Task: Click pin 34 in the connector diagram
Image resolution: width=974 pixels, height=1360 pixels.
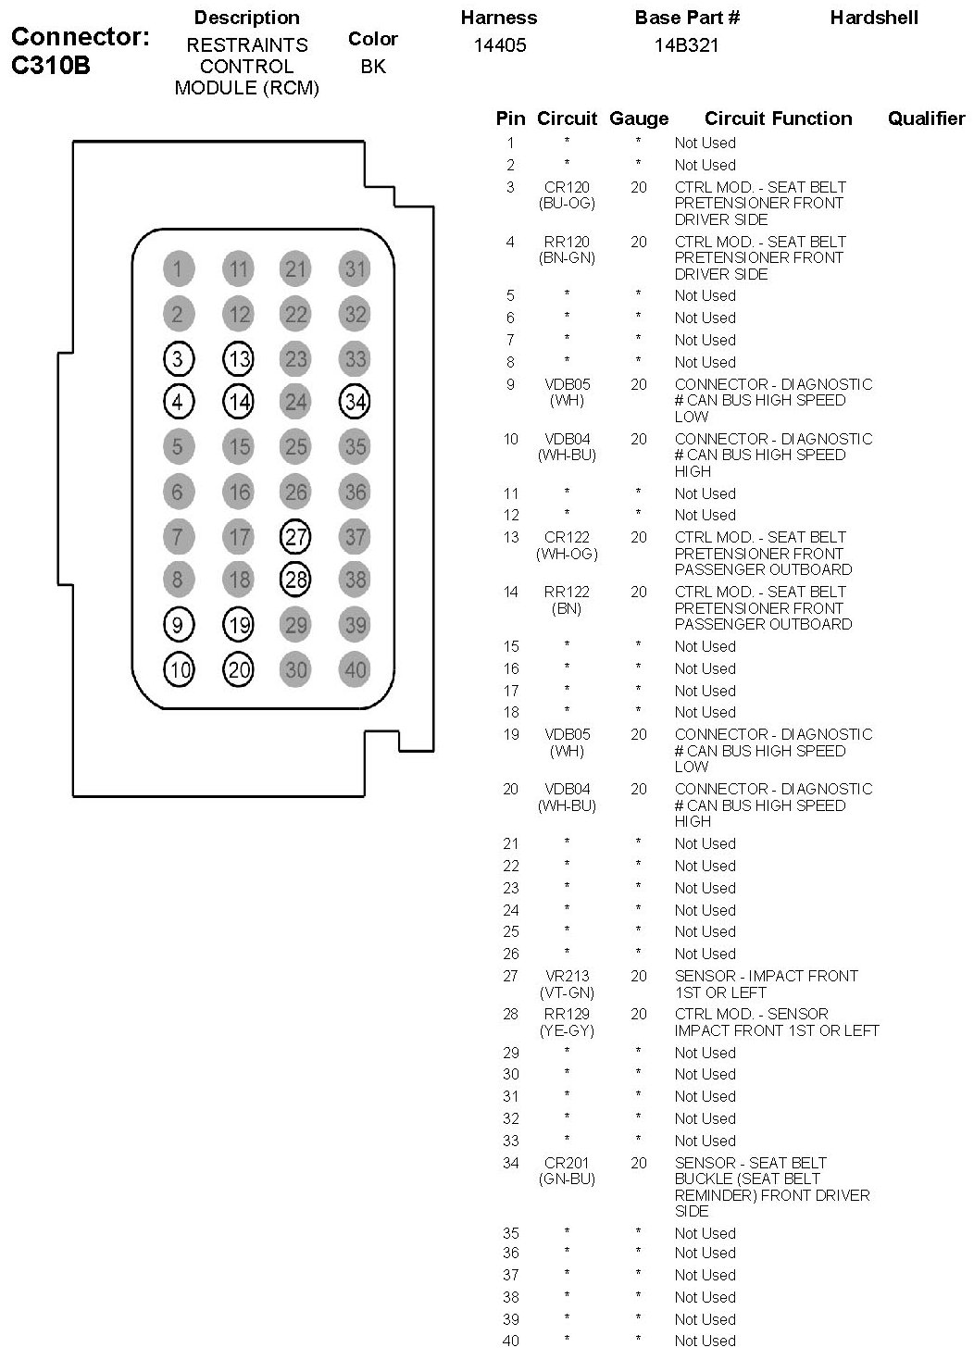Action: [x=356, y=402]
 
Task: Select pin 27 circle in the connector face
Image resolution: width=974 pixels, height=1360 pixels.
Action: [x=295, y=536]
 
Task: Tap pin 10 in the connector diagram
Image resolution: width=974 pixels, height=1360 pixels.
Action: [x=179, y=669]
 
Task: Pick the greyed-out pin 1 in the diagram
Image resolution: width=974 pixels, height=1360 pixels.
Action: [x=178, y=269]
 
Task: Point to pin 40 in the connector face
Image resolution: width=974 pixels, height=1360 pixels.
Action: [x=356, y=669]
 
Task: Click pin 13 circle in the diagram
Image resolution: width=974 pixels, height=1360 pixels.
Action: [x=239, y=358]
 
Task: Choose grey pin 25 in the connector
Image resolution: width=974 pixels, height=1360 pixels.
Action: [x=295, y=447]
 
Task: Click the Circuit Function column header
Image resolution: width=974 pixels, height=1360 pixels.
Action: [x=778, y=119]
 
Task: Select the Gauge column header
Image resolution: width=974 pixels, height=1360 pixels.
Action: [x=639, y=119]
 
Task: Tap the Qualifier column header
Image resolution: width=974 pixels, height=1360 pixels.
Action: [x=926, y=119]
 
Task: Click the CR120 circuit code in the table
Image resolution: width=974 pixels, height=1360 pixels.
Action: [x=567, y=187]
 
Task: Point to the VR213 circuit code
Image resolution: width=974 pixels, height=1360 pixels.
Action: [x=567, y=976]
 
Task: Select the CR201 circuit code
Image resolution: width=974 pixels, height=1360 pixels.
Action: [x=567, y=1163]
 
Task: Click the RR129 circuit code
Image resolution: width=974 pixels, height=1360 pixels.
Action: [x=567, y=1014]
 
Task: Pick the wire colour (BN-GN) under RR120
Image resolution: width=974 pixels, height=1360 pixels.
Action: [x=567, y=258]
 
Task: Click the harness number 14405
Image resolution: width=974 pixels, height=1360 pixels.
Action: [x=500, y=45]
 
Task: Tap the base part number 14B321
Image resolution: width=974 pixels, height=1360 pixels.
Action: [x=686, y=45]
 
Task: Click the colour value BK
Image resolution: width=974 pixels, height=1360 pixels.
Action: [x=373, y=67]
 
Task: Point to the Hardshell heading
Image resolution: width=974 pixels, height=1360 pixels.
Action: [x=874, y=18]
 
